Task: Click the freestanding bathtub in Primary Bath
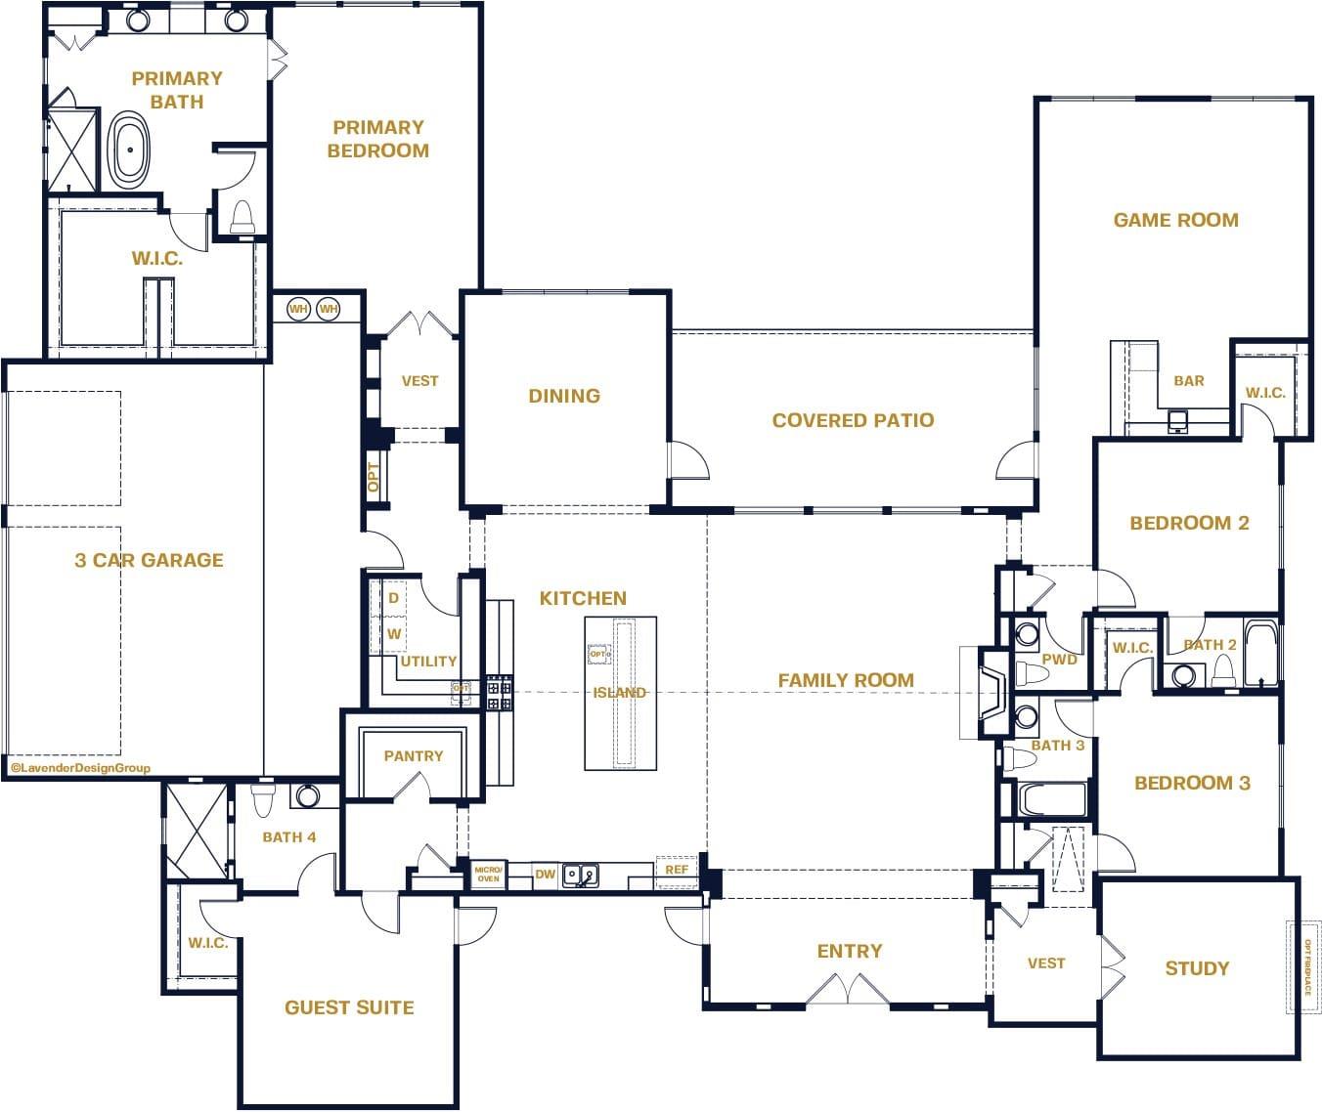[127, 150]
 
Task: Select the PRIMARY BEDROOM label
[378, 139]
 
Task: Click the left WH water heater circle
[298, 310]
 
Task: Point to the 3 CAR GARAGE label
[149, 560]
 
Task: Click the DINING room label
[564, 396]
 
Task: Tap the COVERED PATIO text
[853, 420]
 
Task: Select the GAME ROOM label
[1175, 220]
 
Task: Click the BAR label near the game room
[1188, 381]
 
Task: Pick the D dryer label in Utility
[394, 598]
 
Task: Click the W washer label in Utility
[394, 634]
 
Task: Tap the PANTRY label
[413, 755]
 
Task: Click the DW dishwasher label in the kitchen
[545, 875]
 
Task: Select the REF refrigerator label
[676, 870]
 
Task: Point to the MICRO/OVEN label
[488, 874]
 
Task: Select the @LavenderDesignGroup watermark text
[80, 768]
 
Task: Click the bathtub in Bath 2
[1261, 652]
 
